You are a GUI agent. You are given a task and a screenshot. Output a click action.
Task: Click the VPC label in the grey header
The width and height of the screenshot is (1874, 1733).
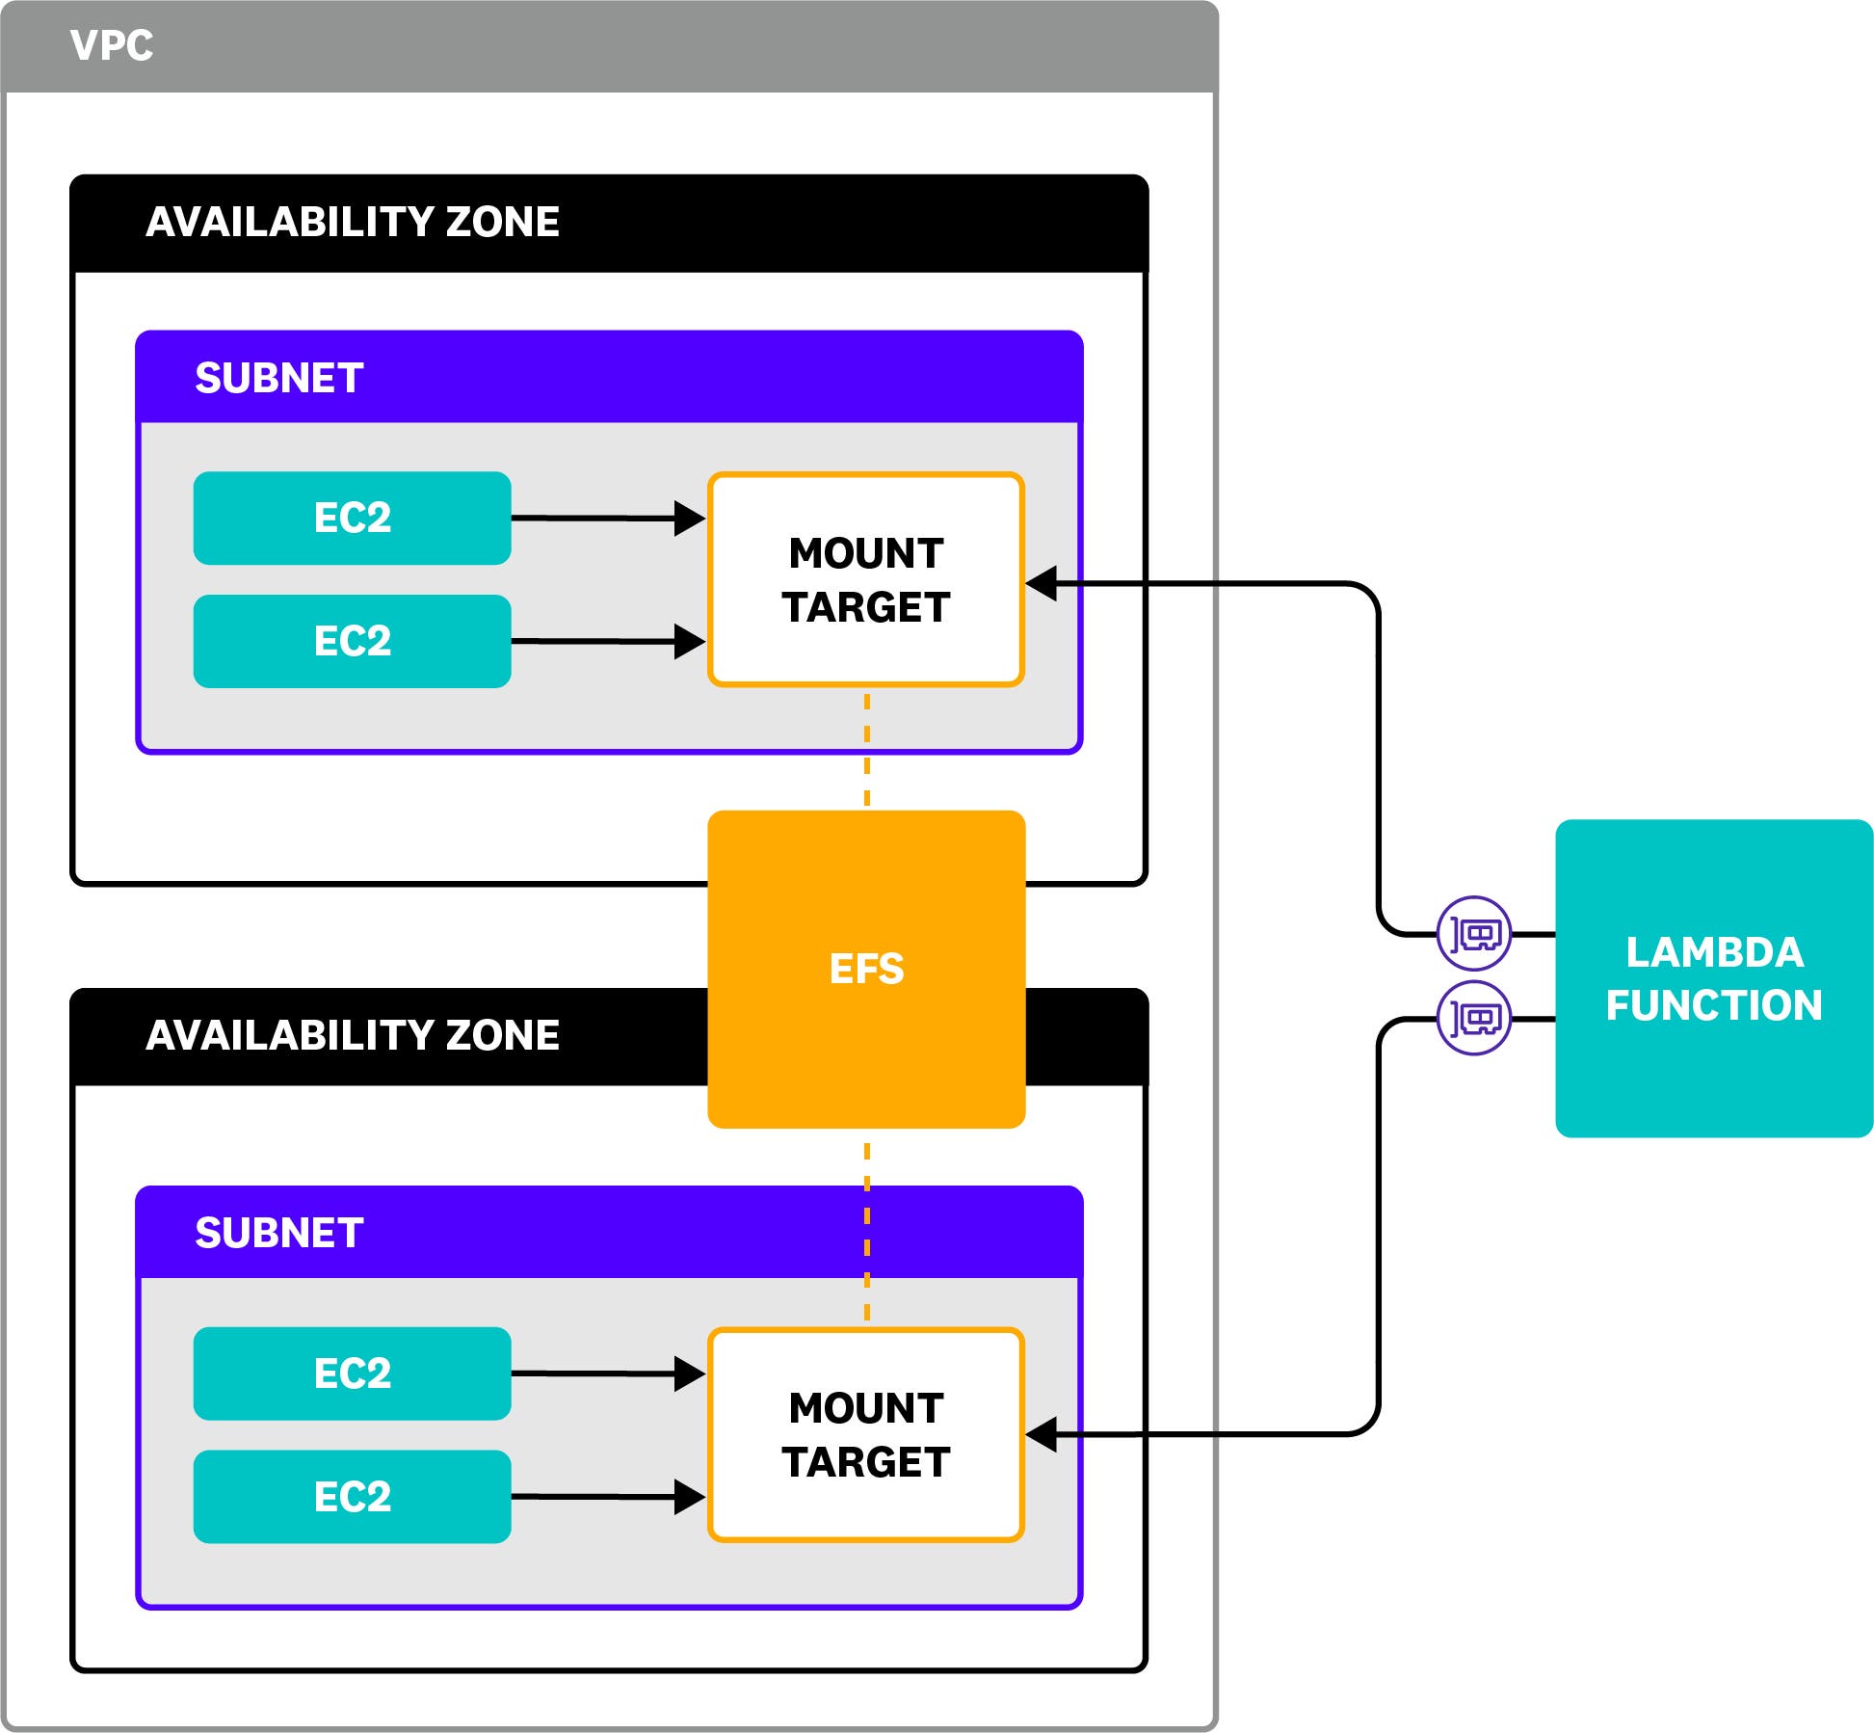click(x=112, y=46)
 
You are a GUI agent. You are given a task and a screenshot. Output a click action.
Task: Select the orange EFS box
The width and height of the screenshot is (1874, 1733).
click(x=866, y=969)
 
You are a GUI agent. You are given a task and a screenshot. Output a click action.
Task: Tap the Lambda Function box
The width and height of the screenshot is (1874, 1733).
click(x=1713, y=978)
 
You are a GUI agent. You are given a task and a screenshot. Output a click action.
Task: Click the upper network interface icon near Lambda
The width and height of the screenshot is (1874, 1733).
click(x=1473, y=933)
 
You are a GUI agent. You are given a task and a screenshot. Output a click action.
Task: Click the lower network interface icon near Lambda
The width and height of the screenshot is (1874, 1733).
click(x=1473, y=1018)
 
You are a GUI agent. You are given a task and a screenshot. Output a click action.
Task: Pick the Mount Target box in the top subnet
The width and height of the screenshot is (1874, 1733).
click(x=866, y=579)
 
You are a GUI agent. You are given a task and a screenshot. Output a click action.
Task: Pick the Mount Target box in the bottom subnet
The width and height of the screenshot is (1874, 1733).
click(x=866, y=1434)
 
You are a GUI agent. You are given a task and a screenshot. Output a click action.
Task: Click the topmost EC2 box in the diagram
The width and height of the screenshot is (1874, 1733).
click(x=352, y=518)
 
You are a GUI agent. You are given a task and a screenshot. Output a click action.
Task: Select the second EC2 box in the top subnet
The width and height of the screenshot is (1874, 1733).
click(x=352, y=641)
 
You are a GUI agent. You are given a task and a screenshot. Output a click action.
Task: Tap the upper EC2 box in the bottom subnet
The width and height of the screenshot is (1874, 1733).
click(x=352, y=1373)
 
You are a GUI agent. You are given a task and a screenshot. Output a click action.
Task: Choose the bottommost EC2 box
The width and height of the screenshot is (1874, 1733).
click(x=352, y=1497)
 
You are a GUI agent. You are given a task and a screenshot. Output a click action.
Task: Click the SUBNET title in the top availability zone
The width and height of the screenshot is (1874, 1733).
click(x=279, y=378)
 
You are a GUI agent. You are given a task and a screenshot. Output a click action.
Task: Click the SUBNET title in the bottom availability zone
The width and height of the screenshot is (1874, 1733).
click(x=279, y=1233)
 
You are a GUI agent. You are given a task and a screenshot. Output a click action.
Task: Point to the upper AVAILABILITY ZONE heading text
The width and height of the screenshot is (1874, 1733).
click(x=352, y=222)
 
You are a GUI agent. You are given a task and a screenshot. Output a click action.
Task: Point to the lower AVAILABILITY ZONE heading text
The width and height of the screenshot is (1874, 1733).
click(x=352, y=1035)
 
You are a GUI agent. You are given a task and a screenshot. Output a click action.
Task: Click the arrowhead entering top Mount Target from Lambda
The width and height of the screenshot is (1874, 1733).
click(x=1043, y=583)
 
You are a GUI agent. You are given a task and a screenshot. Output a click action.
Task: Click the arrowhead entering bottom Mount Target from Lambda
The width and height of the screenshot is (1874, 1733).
click(x=1043, y=1434)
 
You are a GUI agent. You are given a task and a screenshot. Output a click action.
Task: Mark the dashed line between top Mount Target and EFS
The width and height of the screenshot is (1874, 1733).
click(x=867, y=749)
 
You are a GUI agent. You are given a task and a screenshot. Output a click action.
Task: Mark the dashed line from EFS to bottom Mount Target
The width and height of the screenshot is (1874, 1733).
click(x=867, y=1229)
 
